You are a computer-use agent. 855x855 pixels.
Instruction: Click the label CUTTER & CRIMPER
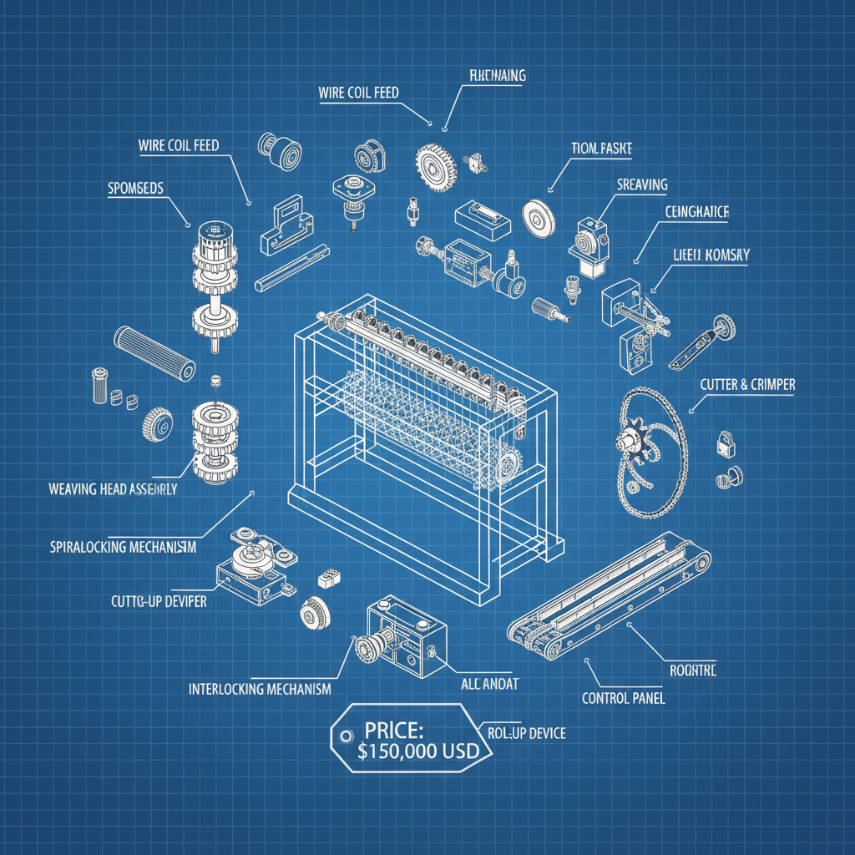(x=747, y=385)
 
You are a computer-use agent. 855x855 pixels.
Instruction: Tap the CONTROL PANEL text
(x=623, y=698)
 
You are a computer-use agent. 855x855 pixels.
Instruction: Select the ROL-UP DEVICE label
(x=527, y=733)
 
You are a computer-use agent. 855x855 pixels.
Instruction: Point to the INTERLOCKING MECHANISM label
(x=259, y=690)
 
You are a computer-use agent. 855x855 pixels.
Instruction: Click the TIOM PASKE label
(x=601, y=149)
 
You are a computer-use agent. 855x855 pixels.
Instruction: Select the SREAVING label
(x=642, y=185)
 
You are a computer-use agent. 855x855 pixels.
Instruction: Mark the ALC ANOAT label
(x=489, y=684)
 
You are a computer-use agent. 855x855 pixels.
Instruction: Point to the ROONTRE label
(x=692, y=670)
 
